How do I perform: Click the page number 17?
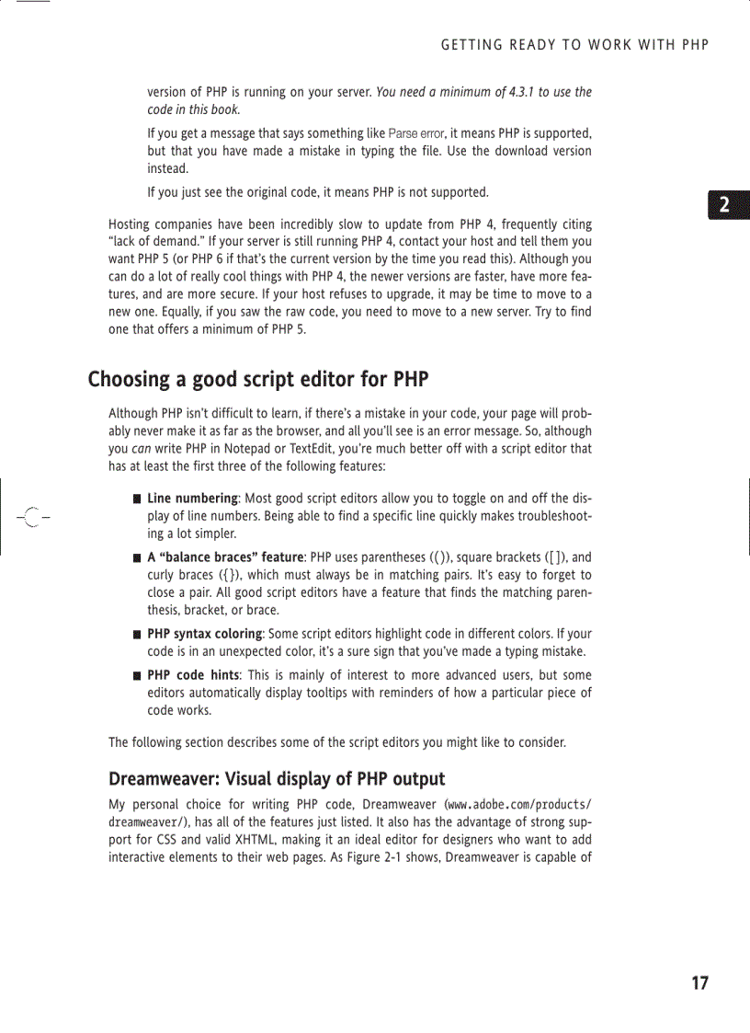point(699,983)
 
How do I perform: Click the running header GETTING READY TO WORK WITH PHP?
point(575,45)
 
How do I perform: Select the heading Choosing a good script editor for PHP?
point(258,380)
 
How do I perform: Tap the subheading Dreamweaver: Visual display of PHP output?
point(277,779)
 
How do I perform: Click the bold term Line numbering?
point(192,499)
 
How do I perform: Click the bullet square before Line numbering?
point(135,499)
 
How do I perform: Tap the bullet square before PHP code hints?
point(135,675)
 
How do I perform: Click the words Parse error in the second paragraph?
point(418,133)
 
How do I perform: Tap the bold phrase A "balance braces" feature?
point(225,557)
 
